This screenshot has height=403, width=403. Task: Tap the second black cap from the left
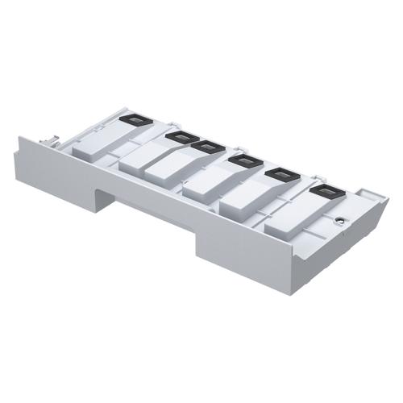point(178,139)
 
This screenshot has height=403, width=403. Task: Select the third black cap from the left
point(208,147)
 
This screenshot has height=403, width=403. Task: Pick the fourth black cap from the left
point(241,163)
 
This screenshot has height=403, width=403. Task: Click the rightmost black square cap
point(325,192)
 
